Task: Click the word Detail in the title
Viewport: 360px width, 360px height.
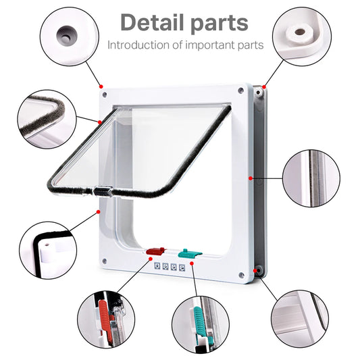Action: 152,22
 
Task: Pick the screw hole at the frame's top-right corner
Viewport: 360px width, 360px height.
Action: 241,89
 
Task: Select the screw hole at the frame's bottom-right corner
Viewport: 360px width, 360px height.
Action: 241,274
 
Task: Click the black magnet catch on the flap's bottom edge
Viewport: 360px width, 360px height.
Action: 101,191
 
